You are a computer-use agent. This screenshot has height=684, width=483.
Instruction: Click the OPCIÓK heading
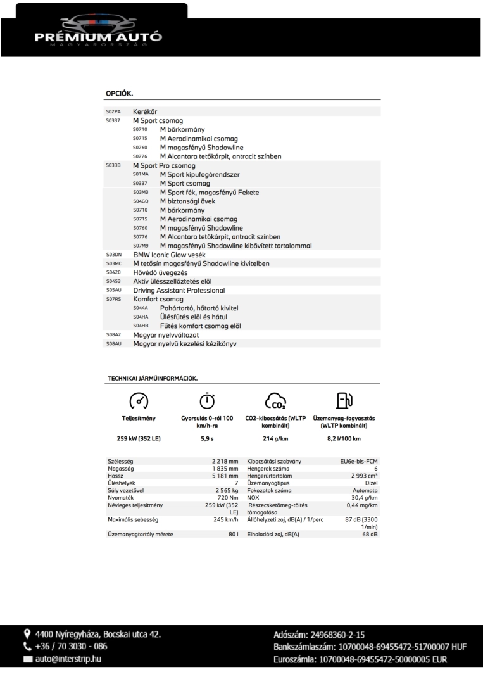119,93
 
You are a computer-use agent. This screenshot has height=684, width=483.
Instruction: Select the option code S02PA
113,111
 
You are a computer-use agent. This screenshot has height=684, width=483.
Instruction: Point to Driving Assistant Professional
179,290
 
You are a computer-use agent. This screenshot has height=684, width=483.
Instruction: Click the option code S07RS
113,299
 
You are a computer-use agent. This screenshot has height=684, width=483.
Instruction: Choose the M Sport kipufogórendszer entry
199,174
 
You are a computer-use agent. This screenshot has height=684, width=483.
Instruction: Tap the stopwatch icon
206,400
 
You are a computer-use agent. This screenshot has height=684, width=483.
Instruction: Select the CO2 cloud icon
275,401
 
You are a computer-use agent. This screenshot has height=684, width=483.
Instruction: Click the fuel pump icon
344,400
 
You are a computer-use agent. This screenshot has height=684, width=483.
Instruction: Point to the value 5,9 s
207,438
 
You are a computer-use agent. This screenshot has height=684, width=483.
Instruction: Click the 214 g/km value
275,438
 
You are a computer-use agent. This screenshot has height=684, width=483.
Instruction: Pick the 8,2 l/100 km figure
344,438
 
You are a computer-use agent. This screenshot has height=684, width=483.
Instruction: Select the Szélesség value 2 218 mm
225,461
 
